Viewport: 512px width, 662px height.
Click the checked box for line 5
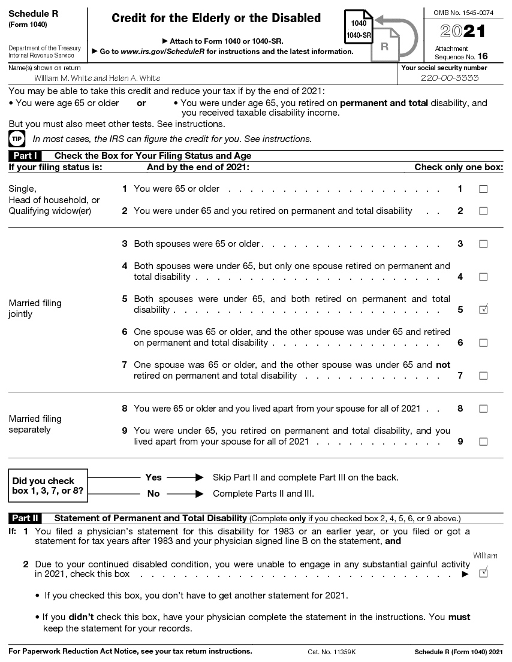click(x=483, y=310)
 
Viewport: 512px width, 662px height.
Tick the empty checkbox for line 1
click(x=483, y=189)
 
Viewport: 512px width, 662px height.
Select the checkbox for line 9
click(x=483, y=442)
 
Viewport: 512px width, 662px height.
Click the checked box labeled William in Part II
click(x=483, y=573)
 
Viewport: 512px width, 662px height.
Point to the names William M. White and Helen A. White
click(x=97, y=78)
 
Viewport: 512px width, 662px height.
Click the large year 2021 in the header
click(x=463, y=32)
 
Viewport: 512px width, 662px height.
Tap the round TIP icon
click(x=17, y=139)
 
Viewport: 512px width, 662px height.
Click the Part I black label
click(x=25, y=156)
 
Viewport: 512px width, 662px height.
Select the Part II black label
click(x=25, y=518)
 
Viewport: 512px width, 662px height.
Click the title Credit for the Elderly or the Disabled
click(x=216, y=19)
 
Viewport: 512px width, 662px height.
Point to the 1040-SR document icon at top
click(x=359, y=28)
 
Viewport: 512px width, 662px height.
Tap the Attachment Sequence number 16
click(x=483, y=57)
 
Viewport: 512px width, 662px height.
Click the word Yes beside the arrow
click(x=153, y=477)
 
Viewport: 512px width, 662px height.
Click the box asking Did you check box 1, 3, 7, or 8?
click(x=48, y=486)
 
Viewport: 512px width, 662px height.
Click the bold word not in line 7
click(x=443, y=365)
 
